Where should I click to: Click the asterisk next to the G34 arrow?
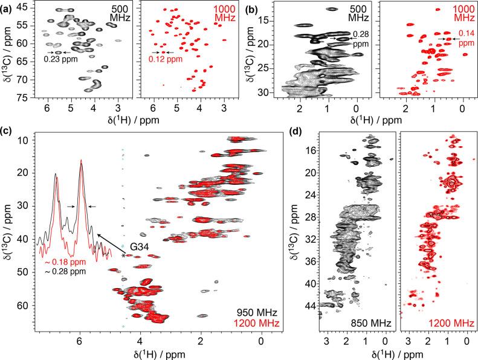click(x=123, y=256)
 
